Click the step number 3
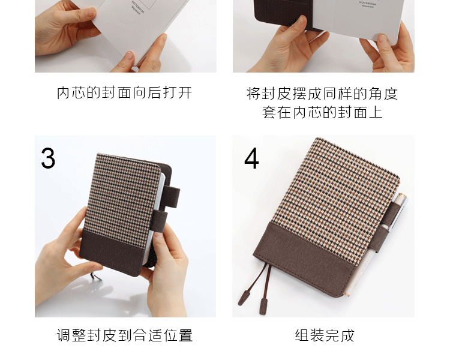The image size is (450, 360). (48, 158)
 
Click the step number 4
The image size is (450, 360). (251, 158)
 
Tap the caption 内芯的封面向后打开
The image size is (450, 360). (124, 93)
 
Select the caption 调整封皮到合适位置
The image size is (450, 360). (125, 335)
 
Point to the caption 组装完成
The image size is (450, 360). (325, 335)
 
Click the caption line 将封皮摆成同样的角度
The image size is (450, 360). (322, 94)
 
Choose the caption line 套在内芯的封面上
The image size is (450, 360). (322, 112)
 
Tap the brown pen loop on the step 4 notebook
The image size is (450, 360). (385, 227)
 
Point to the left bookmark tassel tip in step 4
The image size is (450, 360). (243, 298)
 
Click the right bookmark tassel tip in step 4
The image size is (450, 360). (263, 307)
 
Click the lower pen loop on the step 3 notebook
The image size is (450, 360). (159, 221)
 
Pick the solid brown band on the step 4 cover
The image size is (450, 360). (304, 259)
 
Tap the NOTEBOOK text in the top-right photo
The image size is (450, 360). (368, 4)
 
